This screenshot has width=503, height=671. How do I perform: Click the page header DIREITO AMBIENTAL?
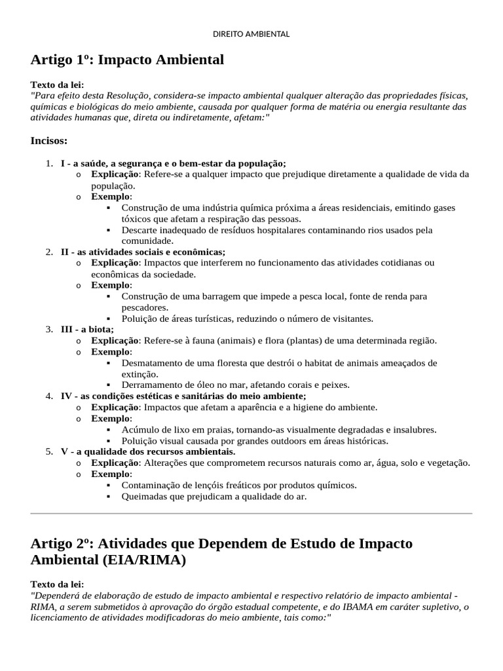tap(251, 34)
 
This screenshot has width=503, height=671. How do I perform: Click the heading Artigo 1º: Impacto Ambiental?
tap(127, 60)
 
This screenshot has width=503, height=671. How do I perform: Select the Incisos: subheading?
tap(49, 140)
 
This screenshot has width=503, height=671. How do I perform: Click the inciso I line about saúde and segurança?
tap(174, 163)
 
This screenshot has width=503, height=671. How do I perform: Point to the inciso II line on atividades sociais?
tap(143, 252)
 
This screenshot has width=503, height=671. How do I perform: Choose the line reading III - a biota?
tap(87, 329)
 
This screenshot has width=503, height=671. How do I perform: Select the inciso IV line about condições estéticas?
tap(183, 396)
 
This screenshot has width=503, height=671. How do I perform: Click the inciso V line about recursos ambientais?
tap(148, 451)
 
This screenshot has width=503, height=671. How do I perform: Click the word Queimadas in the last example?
tap(144, 496)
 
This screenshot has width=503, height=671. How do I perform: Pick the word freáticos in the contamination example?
tap(242, 485)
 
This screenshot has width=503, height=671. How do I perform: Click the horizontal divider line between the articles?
tap(251, 514)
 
